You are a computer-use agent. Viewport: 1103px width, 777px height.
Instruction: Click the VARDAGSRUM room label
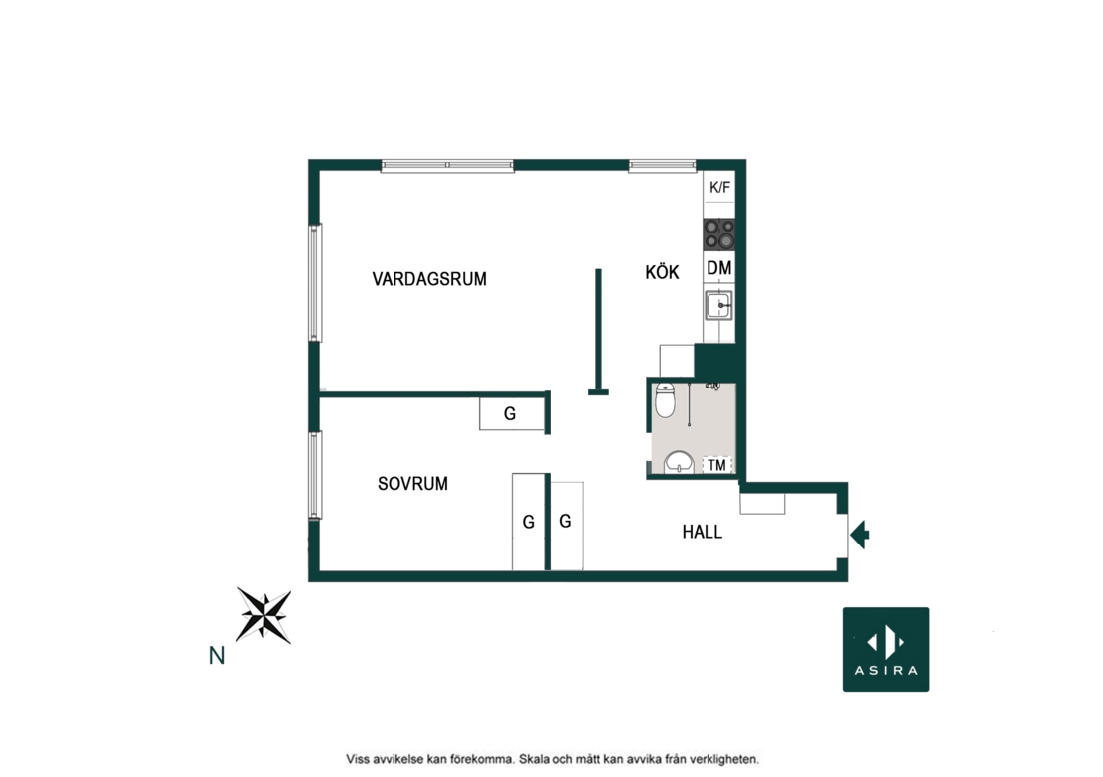coord(429,279)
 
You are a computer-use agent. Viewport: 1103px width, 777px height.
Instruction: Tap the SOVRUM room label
coord(412,484)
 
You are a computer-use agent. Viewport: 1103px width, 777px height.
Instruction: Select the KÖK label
coord(662,272)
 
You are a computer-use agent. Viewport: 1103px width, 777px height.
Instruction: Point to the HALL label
coord(702,532)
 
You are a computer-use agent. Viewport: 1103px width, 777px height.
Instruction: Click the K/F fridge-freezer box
coord(719,187)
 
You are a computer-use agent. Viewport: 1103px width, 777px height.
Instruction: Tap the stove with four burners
coord(719,234)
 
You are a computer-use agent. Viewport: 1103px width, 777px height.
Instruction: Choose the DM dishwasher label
coord(718,268)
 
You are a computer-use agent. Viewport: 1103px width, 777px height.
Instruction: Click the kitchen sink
coord(718,306)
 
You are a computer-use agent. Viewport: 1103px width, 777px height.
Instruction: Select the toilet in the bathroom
coord(665,399)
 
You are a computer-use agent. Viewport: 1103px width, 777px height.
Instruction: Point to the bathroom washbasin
coord(679,462)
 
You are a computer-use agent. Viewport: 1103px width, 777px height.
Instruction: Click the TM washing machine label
coord(716,465)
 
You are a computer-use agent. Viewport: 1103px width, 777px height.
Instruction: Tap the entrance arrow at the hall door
coord(860,535)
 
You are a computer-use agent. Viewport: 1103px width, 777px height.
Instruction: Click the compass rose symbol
coord(263,615)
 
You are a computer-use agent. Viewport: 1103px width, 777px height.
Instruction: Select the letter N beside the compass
coord(217,656)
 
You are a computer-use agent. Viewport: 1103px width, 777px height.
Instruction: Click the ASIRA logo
coord(885,649)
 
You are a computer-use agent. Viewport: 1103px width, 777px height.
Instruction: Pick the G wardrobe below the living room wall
coord(512,413)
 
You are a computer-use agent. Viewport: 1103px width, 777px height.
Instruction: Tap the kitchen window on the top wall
coord(662,166)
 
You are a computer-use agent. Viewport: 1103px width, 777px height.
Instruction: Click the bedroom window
coord(315,475)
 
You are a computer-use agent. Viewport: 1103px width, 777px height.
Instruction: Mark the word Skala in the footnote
coord(536,759)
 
